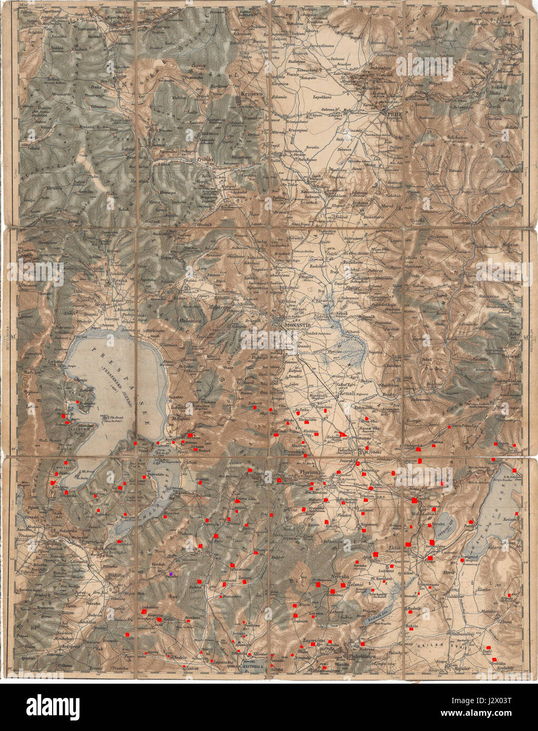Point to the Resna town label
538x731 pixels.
119,281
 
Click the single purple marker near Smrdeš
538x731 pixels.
172,574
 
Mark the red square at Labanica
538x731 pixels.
143,612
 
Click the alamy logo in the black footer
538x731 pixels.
53,705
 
